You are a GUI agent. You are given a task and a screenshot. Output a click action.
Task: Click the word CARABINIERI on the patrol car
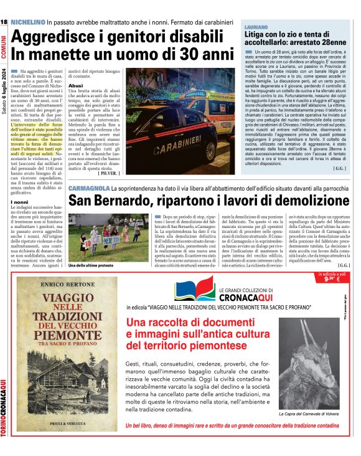pyautogui.click(x=174, y=132)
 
